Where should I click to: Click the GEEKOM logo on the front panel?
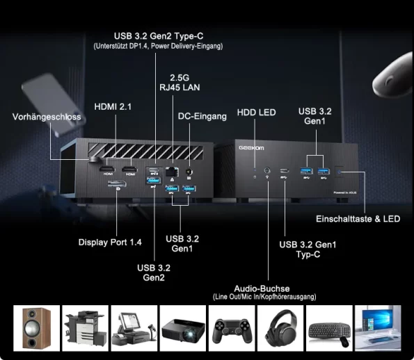coord(251,148)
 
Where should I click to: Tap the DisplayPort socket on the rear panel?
coord(117,183)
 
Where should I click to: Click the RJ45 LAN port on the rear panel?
coord(172,172)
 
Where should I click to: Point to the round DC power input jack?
coord(189,172)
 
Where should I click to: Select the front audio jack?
coord(267,170)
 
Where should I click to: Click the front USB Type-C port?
coord(285,170)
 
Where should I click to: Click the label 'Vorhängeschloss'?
coord(47,117)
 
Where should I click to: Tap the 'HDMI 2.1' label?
coord(113,107)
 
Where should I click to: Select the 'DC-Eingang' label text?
coord(202,116)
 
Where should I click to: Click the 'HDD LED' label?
coord(256,113)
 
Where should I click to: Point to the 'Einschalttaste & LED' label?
coord(358,219)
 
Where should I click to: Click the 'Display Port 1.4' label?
coord(110,243)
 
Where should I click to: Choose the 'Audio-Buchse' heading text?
coord(262,288)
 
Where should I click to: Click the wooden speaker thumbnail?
coord(37,328)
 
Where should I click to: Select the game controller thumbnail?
coord(232,328)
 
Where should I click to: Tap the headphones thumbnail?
coord(280,328)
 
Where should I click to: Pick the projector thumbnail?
coord(183,328)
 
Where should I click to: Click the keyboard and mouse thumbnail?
coord(329,328)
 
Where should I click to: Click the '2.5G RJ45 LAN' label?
coord(180,83)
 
